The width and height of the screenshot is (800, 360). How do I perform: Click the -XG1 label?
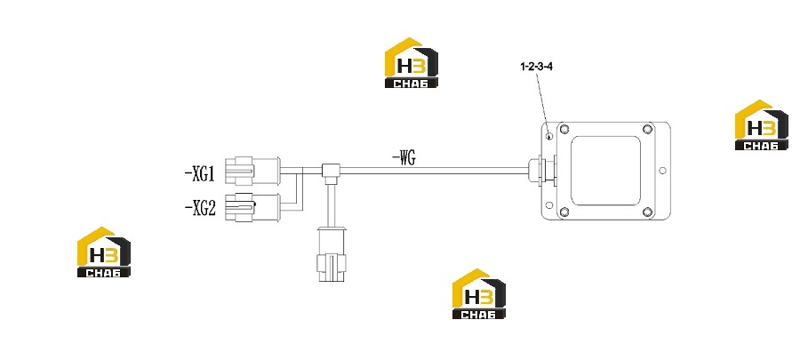pyautogui.click(x=200, y=175)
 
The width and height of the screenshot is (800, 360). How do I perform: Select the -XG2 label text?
pyautogui.click(x=200, y=208)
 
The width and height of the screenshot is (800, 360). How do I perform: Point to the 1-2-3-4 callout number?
pyautogui.click(x=536, y=67)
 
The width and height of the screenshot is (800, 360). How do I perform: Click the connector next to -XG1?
pyautogui.click(x=252, y=172)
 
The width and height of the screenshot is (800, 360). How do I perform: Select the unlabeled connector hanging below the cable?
pyautogui.click(x=332, y=254)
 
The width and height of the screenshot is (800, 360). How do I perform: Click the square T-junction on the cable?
pyautogui.click(x=332, y=171)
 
